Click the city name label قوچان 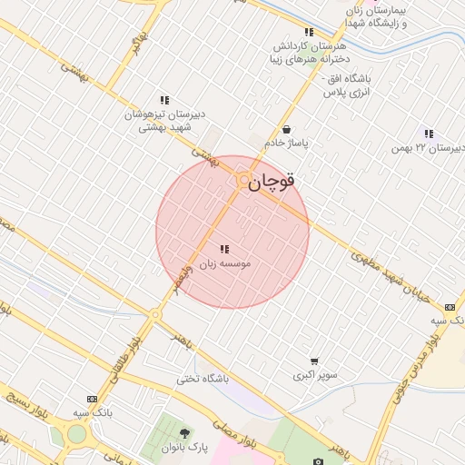click(x=272, y=182)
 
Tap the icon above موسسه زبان click(x=223, y=249)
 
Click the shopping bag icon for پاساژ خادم click(x=287, y=130)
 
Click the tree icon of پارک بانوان click(x=185, y=433)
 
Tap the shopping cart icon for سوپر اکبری click(x=314, y=361)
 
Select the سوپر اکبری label click(x=314, y=375)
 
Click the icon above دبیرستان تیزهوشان click(x=164, y=100)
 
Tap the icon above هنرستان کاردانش click(x=309, y=33)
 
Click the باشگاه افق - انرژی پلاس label click(x=341, y=85)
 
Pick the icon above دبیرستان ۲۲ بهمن click(x=428, y=134)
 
